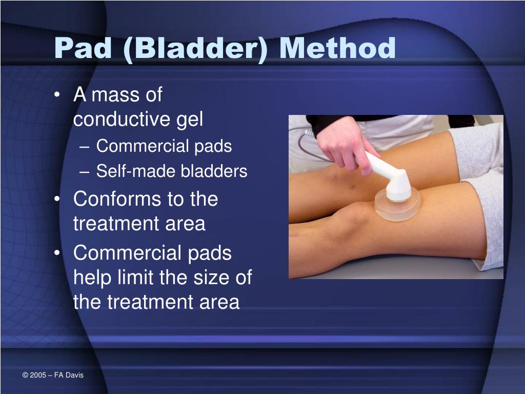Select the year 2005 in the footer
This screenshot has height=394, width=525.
[x=38, y=376]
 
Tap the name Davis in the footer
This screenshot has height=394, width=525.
[x=74, y=376]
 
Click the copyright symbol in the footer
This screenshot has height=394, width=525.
[x=25, y=376]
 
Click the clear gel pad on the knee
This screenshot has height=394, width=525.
[x=397, y=208]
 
